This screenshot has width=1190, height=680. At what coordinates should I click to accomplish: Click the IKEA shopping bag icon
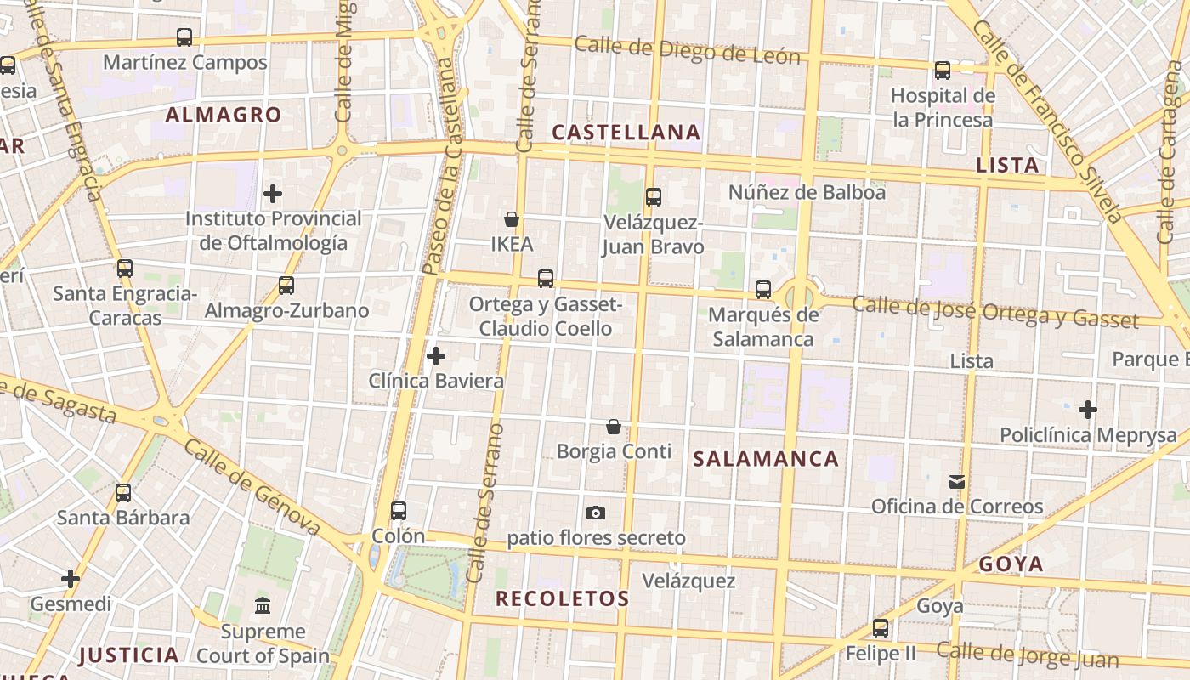[512, 220]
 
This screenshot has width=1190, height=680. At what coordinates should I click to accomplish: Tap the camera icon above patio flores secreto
[596, 513]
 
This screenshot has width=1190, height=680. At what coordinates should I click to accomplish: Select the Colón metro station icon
[399, 511]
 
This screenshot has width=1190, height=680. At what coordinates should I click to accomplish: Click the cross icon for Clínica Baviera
[436, 356]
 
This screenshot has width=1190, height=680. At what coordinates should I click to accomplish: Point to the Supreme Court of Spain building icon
[263, 606]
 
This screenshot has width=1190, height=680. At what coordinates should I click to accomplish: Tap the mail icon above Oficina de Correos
[957, 482]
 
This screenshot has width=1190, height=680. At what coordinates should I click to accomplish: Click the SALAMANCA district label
[766, 460]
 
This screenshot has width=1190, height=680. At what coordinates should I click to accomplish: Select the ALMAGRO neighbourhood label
[224, 115]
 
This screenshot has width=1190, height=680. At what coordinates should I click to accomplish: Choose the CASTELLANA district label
[626, 133]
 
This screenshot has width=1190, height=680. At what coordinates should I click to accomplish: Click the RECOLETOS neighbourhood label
[563, 598]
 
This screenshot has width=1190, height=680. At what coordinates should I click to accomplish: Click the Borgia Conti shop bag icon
[614, 427]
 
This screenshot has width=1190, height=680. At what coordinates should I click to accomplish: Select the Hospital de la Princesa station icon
[943, 71]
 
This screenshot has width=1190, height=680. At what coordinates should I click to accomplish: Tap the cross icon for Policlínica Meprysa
[1088, 411]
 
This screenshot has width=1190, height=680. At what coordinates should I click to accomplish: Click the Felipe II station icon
[881, 628]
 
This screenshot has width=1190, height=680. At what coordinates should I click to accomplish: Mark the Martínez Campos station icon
[184, 37]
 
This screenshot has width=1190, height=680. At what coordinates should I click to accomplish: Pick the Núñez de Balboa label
[807, 193]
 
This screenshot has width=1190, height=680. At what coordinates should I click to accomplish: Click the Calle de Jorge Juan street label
[1028, 655]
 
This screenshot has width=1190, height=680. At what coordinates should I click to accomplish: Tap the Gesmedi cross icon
[71, 580]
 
